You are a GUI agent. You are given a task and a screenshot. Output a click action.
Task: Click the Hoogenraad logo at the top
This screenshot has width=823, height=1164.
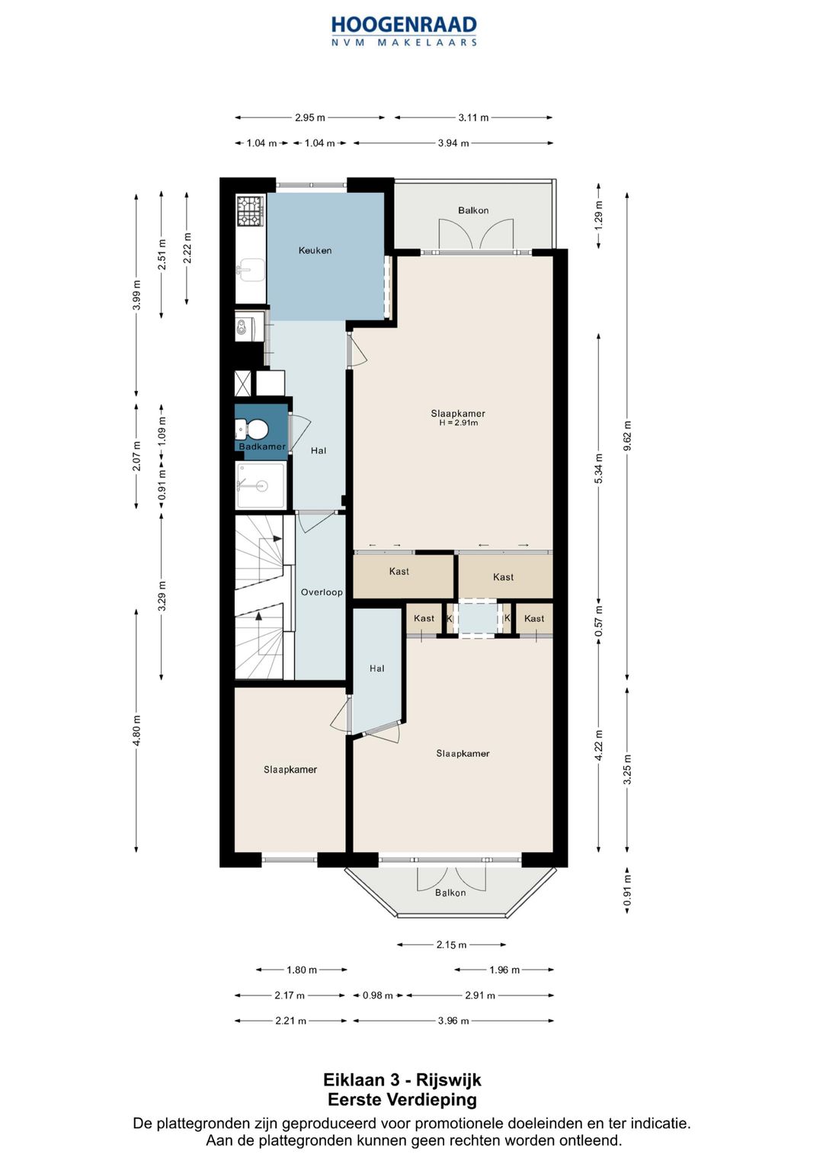click(404, 31)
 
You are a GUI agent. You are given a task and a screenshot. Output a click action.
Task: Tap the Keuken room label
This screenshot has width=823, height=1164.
click(315, 251)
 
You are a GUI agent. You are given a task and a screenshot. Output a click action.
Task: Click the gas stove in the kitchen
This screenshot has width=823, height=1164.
click(251, 210)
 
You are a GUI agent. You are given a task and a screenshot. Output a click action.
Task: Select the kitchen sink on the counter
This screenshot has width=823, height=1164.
click(251, 270)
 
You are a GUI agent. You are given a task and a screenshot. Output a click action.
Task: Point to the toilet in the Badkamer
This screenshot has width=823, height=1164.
click(253, 429)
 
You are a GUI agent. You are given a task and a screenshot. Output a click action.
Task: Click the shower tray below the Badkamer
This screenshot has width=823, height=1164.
click(261, 486)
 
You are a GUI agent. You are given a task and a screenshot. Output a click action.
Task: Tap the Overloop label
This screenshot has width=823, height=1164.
click(322, 592)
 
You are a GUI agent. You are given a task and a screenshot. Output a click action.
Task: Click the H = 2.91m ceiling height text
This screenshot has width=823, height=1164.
click(458, 423)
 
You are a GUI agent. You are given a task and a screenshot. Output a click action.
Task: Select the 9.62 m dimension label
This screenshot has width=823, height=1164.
click(628, 437)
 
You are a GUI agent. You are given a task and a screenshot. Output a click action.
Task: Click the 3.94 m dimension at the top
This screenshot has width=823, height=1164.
click(453, 143)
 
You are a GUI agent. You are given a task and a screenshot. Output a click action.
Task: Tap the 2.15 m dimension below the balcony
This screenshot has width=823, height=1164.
click(451, 944)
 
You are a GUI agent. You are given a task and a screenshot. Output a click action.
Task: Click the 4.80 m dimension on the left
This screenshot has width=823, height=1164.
click(136, 730)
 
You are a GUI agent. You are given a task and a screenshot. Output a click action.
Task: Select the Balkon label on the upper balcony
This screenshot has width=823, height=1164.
click(472, 210)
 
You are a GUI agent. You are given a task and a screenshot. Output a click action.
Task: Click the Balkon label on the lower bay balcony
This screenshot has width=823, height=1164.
click(450, 893)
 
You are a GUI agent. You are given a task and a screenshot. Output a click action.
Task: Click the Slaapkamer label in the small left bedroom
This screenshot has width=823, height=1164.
click(290, 770)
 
